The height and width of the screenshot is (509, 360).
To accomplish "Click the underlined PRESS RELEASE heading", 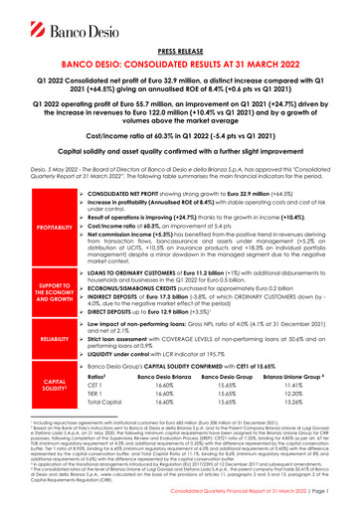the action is (179, 46).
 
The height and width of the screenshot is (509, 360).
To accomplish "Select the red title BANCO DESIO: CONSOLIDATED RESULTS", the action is (179, 61).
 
